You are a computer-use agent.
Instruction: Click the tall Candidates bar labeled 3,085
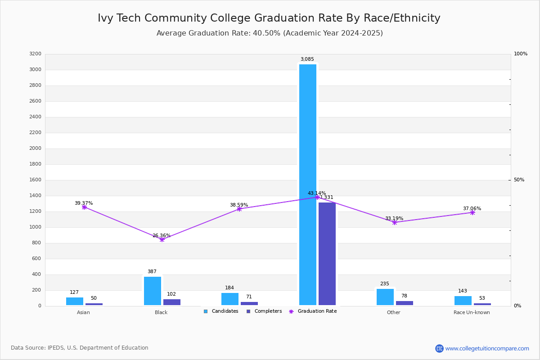[x=308, y=184]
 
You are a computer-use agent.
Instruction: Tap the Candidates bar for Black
[x=153, y=291]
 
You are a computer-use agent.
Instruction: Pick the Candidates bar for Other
[x=385, y=297]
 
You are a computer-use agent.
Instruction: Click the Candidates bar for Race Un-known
[x=463, y=300]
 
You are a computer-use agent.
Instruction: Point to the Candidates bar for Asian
[x=75, y=301]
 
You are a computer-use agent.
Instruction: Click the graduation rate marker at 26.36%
[x=162, y=239]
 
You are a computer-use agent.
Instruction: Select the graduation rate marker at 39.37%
[x=84, y=207]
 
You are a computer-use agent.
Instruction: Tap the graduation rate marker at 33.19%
[x=395, y=222]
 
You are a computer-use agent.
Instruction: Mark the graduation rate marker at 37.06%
[x=472, y=212]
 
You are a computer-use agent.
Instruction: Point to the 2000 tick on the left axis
[x=36, y=148]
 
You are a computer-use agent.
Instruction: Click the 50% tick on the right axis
[x=519, y=180]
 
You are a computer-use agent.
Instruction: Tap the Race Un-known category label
[x=472, y=313]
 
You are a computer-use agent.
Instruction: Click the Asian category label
[x=83, y=313]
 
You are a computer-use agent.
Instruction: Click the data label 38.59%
[x=239, y=205]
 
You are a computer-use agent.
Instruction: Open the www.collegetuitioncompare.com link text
[x=487, y=348]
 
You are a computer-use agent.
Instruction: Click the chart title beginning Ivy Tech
[x=269, y=18]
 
